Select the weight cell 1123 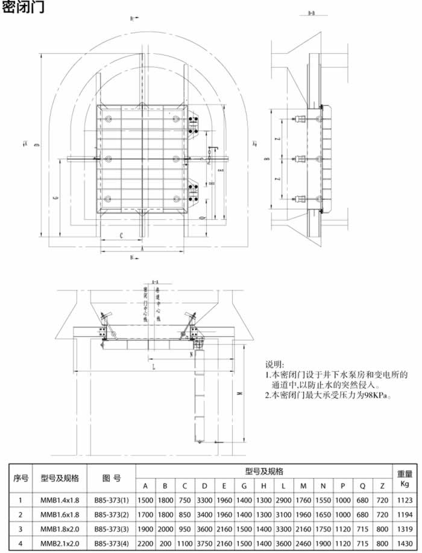[405, 500]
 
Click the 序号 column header [21, 478]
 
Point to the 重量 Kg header [405, 478]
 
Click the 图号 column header [112, 478]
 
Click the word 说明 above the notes [274, 365]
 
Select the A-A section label [155, 282]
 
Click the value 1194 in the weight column [405, 515]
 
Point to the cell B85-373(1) [112, 500]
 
